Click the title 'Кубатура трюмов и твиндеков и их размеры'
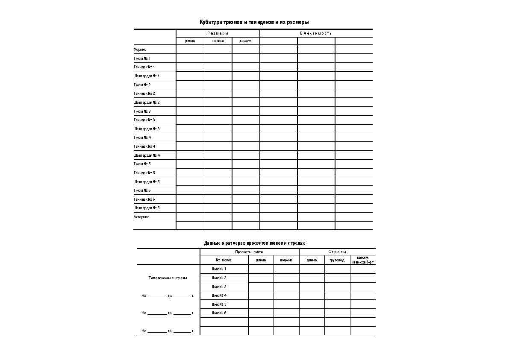254,22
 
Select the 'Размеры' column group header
218,33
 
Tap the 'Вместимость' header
316,33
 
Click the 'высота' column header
246,41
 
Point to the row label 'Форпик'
140,50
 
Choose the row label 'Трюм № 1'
142,58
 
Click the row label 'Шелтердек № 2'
147,102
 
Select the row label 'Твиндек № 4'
144,146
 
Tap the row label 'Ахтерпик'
141,217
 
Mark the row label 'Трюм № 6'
142,190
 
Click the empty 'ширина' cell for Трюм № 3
218,111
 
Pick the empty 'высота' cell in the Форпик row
246,50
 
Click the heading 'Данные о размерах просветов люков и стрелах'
255,243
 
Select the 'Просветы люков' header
249,252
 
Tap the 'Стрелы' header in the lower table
337,252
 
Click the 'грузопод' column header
337,260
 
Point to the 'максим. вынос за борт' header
363,260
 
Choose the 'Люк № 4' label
219,296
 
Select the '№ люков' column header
224,260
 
